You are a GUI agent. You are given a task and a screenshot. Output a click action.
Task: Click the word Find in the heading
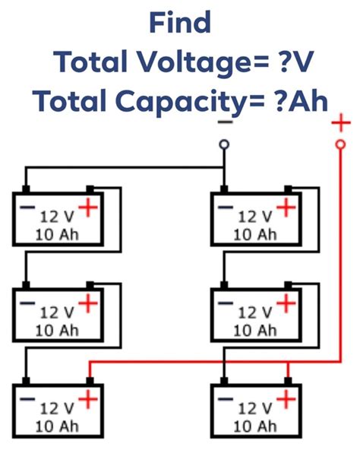coord(179,23)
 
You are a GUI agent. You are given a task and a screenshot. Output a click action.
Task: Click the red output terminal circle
coord(341,143)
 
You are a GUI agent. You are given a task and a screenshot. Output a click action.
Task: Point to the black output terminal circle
coord(223,144)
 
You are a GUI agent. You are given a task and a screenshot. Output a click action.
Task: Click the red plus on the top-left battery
coord(90,207)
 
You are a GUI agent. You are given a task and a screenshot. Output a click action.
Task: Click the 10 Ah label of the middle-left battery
coord(58,330)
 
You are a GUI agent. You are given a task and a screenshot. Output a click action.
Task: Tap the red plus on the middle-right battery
coord(286,303)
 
